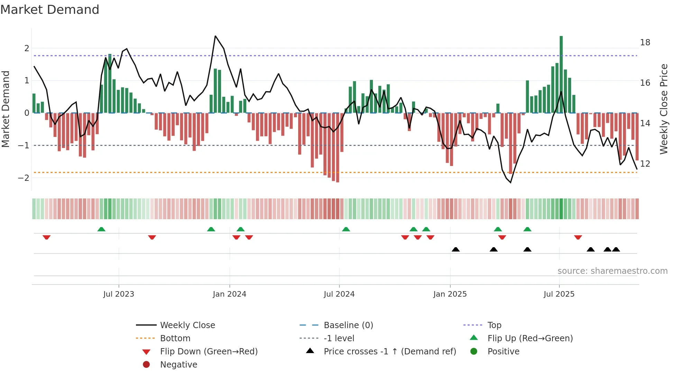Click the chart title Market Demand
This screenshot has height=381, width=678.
(x=50, y=9)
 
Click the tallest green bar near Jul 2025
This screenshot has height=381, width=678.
(x=561, y=74)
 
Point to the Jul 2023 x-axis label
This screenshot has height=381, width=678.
(x=119, y=294)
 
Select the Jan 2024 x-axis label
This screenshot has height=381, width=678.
(x=229, y=294)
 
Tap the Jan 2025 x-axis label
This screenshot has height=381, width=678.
(x=450, y=294)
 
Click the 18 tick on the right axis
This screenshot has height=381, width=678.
(x=645, y=43)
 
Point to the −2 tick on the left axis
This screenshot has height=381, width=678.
(x=24, y=178)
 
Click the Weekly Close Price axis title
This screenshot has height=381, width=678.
(x=663, y=109)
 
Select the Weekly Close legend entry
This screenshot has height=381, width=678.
(x=187, y=325)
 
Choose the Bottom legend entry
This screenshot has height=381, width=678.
(x=175, y=338)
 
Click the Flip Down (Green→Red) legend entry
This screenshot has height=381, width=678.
(x=209, y=352)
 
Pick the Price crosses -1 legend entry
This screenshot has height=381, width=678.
(x=390, y=352)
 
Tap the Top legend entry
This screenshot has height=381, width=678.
(x=494, y=325)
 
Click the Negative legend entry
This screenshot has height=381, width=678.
(x=178, y=365)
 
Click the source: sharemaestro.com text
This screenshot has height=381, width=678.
(x=612, y=271)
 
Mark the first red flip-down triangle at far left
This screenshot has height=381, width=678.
(x=47, y=237)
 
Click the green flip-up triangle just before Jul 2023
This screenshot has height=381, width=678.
(x=101, y=229)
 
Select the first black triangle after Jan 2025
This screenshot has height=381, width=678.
(x=456, y=249)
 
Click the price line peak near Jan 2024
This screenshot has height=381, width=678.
(x=215, y=36)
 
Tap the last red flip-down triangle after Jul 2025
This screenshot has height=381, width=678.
(x=578, y=237)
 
